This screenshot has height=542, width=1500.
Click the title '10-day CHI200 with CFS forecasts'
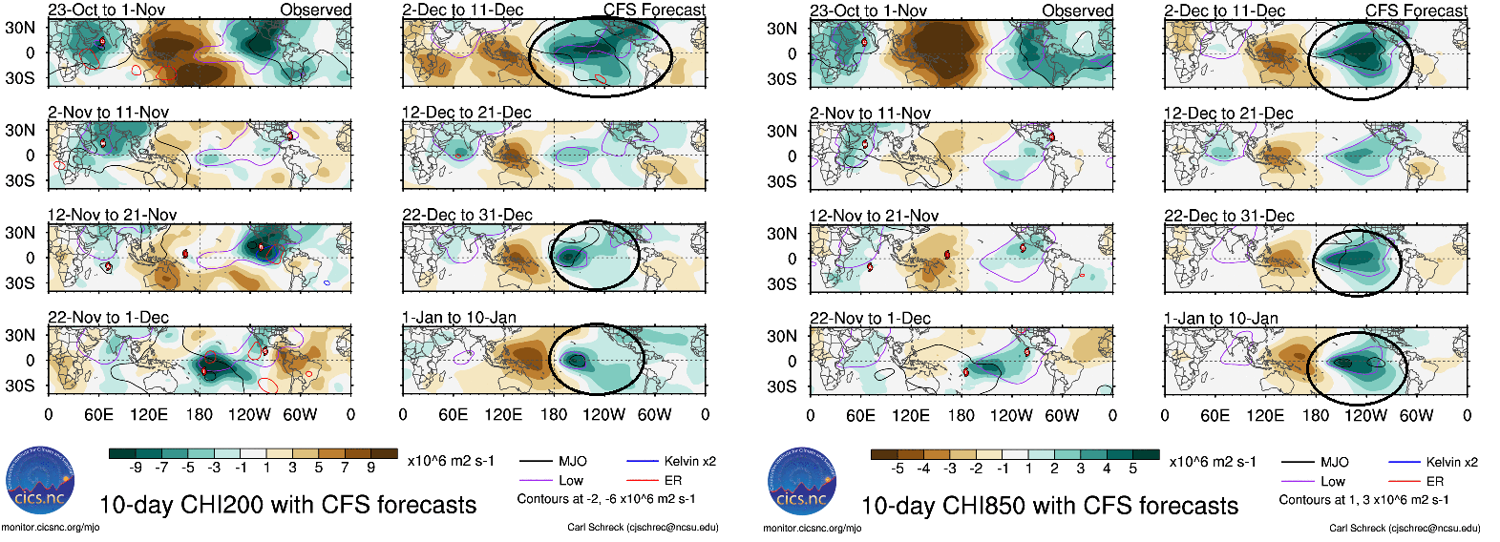click(x=287, y=505)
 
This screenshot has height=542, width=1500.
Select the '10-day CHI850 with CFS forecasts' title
click(x=1049, y=506)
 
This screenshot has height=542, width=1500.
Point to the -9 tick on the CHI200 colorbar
click(x=137, y=468)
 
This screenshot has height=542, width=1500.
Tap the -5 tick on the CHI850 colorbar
click(x=898, y=469)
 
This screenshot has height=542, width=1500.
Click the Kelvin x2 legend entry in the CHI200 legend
click(x=689, y=461)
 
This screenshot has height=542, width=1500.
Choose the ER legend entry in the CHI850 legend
click(x=1434, y=482)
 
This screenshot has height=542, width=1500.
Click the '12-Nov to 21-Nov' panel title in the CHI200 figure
click(x=113, y=215)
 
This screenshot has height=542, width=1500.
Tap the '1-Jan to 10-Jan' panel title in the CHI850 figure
click(x=1221, y=318)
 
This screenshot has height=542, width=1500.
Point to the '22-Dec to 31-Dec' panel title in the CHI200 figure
click(x=467, y=215)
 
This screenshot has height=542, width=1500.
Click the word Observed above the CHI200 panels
click(x=316, y=10)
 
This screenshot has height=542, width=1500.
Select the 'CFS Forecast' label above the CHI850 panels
click(x=1416, y=10)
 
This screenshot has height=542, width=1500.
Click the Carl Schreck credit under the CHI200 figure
click(x=643, y=527)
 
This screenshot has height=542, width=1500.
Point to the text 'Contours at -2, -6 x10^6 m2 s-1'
click(x=606, y=498)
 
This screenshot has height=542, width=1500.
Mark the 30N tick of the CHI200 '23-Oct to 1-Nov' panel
click(x=20, y=28)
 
